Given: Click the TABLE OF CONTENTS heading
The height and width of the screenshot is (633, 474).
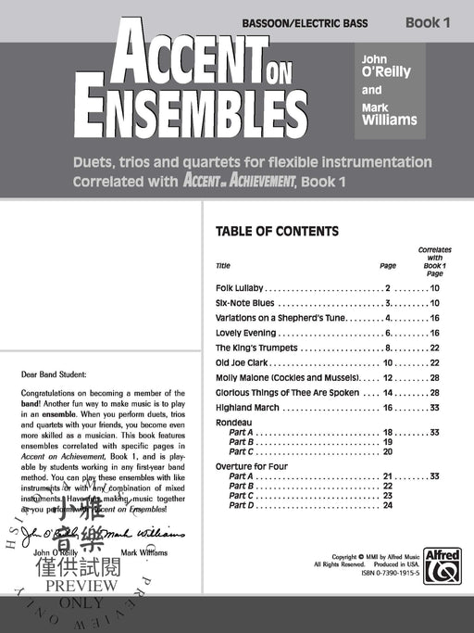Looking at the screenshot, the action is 276,232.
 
